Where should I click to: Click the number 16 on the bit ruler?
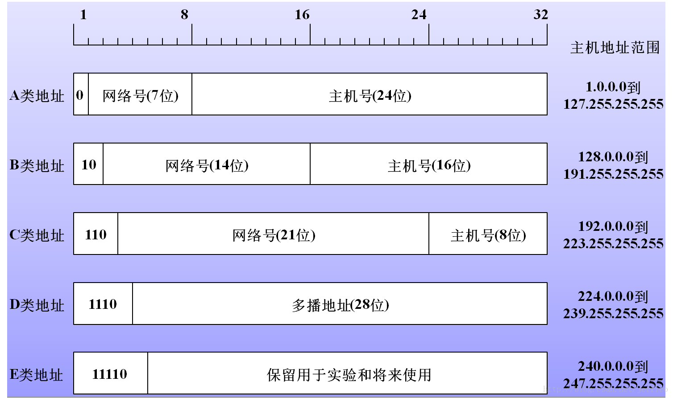coord(302,15)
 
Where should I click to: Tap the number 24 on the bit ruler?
coord(419,15)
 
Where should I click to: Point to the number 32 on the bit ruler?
coord(540,14)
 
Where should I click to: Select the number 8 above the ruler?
coord(184,14)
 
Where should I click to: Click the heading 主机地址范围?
coord(615,48)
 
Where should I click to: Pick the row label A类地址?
coord(37,96)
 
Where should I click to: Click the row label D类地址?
coord(37,305)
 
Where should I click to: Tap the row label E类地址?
coord(36,374)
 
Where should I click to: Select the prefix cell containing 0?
coord(81,94)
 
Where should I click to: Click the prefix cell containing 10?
coord(88,164)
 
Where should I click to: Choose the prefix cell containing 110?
coord(96,234)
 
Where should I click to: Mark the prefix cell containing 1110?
coord(103,304)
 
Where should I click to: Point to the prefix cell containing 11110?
coord(111,373)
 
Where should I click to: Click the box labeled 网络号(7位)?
coord(140,94)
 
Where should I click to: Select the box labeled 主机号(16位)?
coord(429,164)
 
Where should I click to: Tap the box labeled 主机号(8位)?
coord(488,234)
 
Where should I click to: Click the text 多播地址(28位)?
coord(341,305)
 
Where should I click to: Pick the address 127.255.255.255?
coord(613,104)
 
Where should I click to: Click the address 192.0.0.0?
coord(606,226)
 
